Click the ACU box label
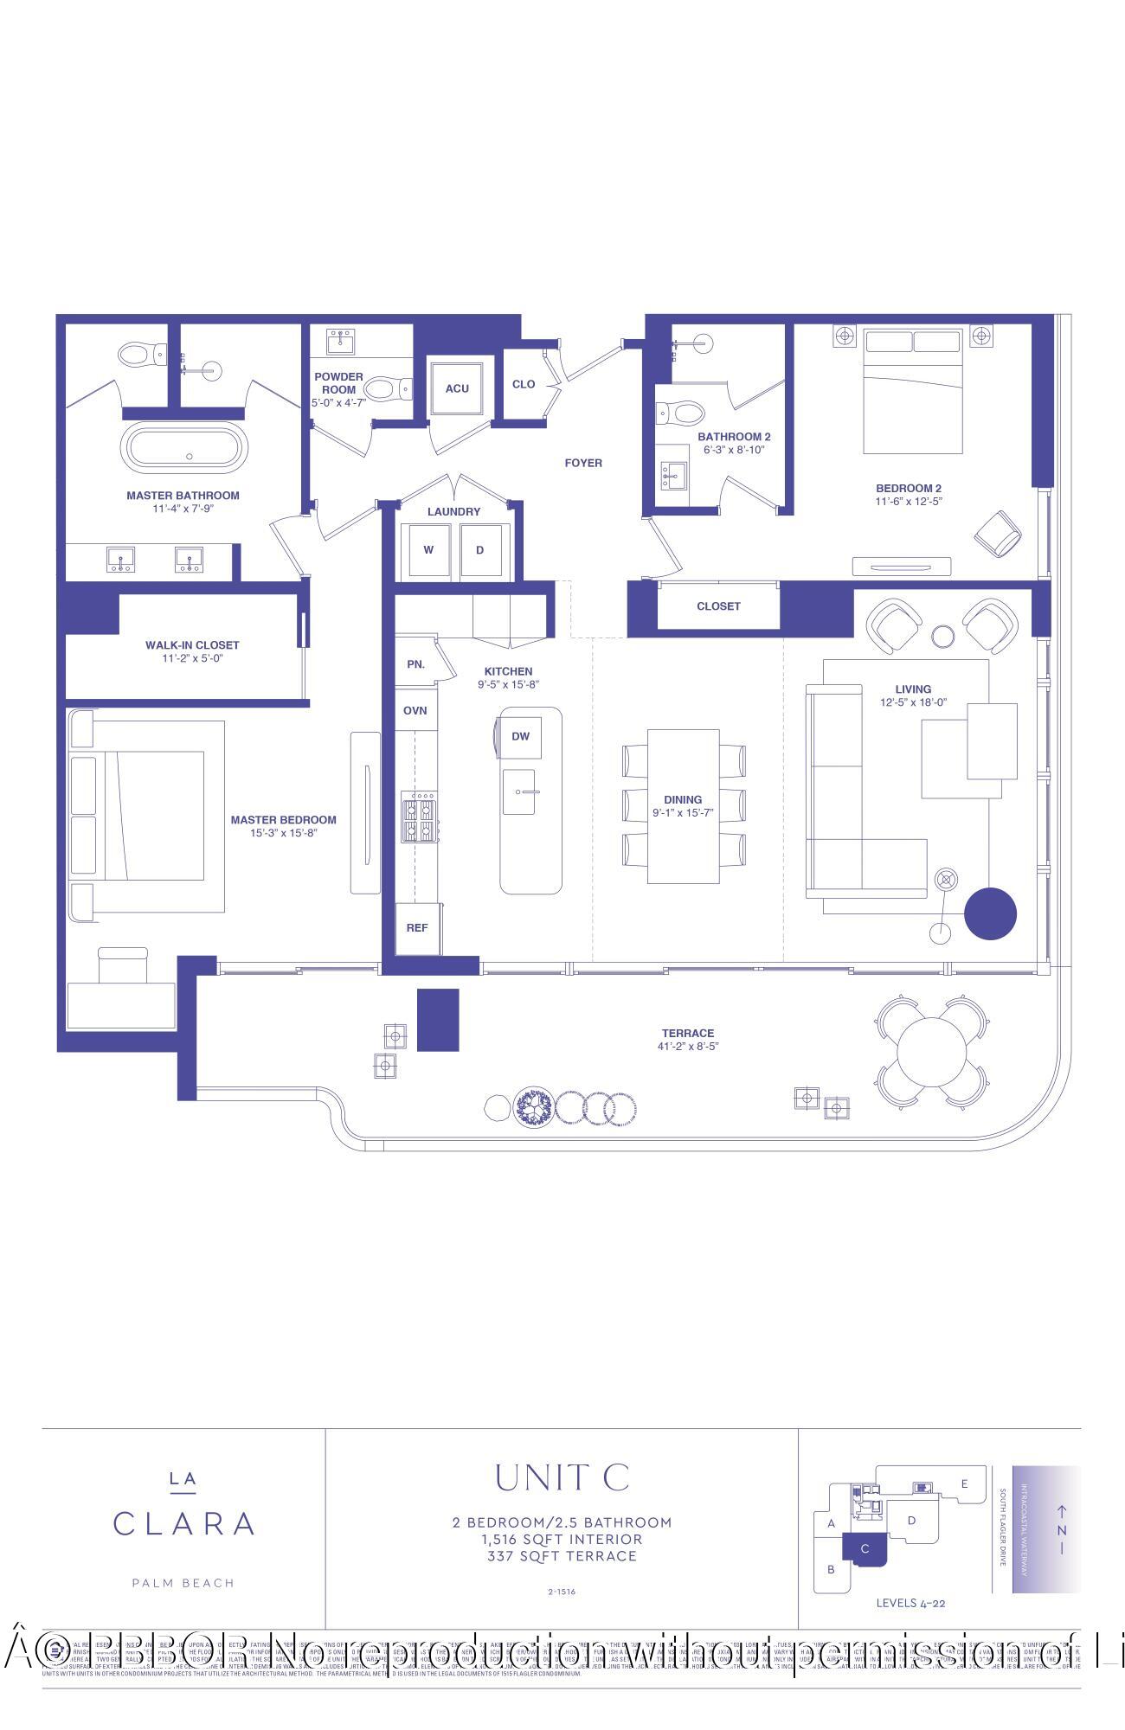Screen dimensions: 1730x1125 457,388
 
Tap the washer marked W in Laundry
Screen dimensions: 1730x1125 428,550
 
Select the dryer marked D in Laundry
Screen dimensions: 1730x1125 479,550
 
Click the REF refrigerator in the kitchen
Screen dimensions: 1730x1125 417,928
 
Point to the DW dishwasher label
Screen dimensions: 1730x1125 520,737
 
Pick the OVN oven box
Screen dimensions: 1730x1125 415,711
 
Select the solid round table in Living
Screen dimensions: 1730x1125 990,913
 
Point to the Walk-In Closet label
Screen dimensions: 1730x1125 192,645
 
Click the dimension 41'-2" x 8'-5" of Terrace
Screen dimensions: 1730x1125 688,1047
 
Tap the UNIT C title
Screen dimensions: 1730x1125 562,1478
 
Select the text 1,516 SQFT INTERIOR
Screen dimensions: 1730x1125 562,1540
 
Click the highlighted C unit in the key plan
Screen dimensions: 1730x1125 863,1549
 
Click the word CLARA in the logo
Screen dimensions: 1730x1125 183,1524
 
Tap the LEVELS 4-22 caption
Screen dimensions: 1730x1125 910,1603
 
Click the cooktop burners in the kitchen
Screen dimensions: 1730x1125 419,818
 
